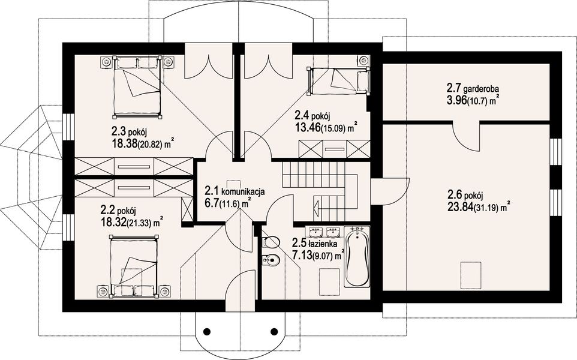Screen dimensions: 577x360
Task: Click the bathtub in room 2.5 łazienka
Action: pyautogui.click(x=357, y=257)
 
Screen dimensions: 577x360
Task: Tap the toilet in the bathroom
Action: pyautogui.click(x=271, y=242)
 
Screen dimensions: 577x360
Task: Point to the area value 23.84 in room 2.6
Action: pyautogui.click(x=459, y=207)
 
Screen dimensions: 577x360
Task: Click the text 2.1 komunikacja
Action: pyautogui.click(x=235, y=191)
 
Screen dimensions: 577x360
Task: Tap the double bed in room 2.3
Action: pyautogui.click(x=137, y=87)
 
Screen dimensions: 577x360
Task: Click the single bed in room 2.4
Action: pyautogui.click(x=338, y=81)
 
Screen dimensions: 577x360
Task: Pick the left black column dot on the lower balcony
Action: pyautogui.click(x=207, y=330)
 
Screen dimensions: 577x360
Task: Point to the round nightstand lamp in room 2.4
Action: pyautogui.click(x=363, y=60)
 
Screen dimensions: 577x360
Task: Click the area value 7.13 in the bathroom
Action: pyautogui.click(x=301, y=254)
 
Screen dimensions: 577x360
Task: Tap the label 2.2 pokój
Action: pyautogui.click(x=118, y=211)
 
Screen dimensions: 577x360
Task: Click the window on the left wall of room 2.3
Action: pyautogui.click(x=68, y=126)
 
